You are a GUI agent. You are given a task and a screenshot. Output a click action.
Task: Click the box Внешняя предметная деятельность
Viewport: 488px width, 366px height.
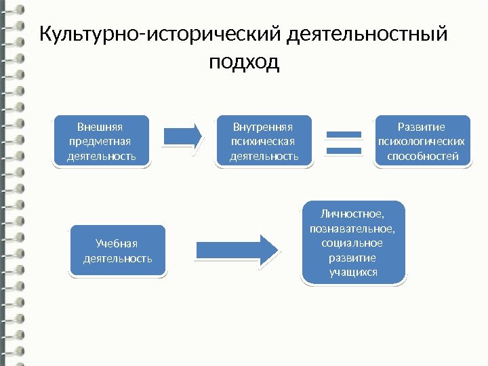coord(102,141)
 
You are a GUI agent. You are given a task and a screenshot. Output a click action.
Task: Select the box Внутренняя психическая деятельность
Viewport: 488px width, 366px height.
coord(264,141)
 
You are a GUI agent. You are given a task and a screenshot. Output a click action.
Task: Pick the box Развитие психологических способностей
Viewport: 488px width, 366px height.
coord(422,141)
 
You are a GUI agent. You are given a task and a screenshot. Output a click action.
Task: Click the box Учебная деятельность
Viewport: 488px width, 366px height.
coord(117,251)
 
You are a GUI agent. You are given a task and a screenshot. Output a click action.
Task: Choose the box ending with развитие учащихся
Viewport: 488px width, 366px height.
coord(352,242)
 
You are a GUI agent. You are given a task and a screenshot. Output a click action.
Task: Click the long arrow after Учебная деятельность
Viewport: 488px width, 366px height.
coord(237,248)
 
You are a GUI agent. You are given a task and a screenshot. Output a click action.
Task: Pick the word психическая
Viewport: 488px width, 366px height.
coord(263,142)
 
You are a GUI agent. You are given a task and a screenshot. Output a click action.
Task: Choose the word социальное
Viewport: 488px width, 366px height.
coord(352,243)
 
